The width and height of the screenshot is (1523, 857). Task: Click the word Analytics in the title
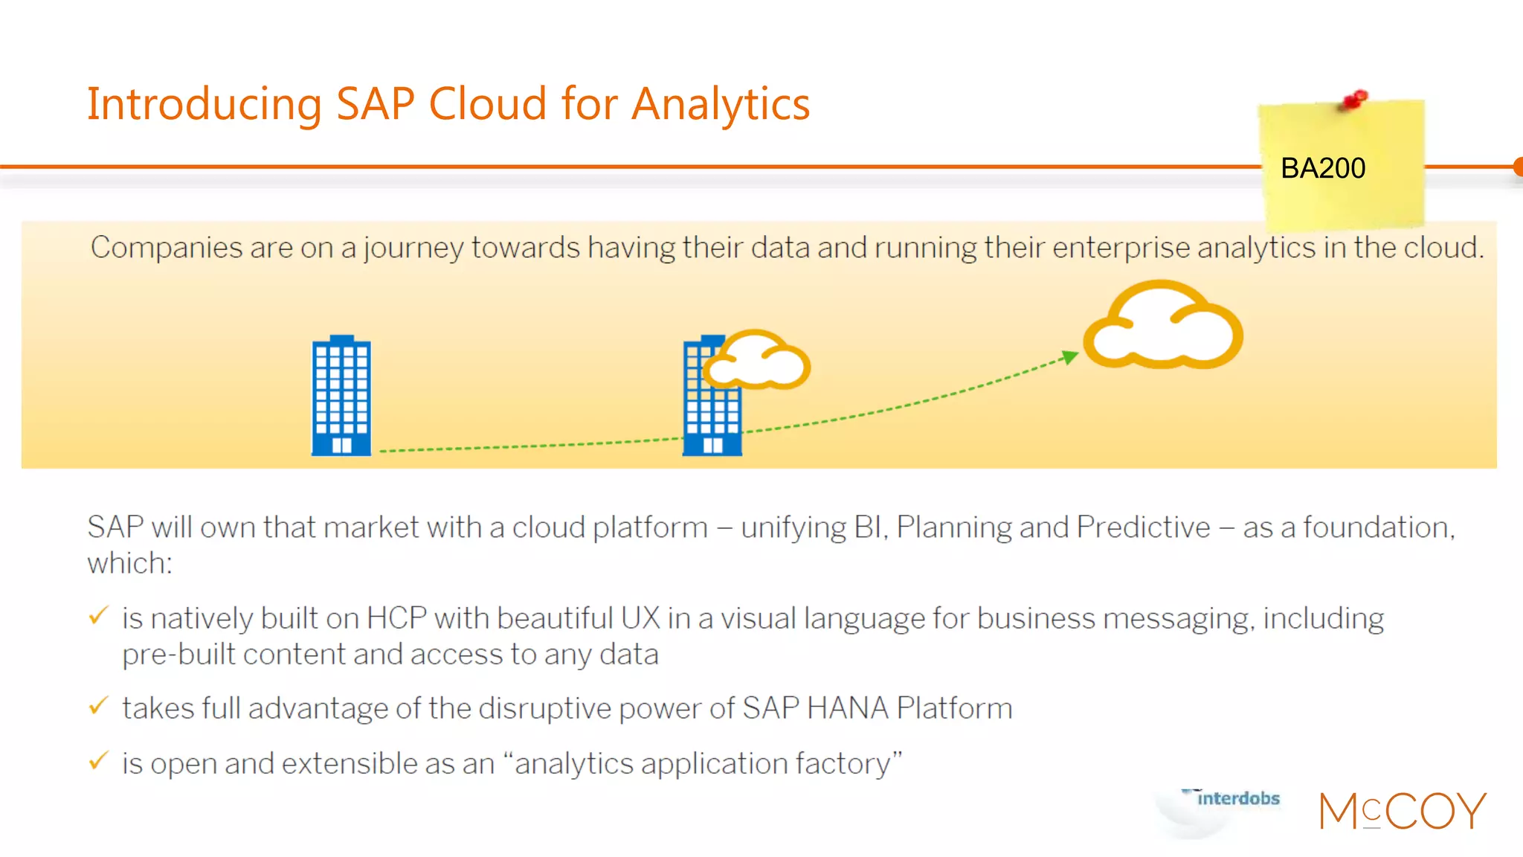pos(720,104)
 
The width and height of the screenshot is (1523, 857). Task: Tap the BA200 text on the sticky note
pos(1322,168)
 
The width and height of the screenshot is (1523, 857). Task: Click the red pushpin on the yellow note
pos(1355,100)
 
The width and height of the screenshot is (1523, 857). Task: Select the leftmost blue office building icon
pos(341,395)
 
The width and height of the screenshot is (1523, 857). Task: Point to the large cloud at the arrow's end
pos(1163,327)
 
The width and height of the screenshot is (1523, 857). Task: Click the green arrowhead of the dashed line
pos(1070,357)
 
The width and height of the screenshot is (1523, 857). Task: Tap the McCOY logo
pos(1403,811)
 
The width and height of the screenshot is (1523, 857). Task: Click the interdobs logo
pos(1237,799)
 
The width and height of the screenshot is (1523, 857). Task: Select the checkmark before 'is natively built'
pos(98,616)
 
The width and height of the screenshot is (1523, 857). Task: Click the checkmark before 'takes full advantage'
pos(98,705)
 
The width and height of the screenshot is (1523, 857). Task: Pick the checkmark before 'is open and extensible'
pos(98,761)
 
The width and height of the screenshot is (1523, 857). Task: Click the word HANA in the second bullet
pos(846,708)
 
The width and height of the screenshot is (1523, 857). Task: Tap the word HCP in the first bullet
pos(396,619)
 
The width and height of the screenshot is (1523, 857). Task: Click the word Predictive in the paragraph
pos(1143,527)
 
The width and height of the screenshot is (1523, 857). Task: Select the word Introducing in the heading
pos(204,104)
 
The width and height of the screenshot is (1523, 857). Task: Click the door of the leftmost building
pos(341,446)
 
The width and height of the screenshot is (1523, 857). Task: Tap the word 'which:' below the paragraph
pos(129,563)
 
